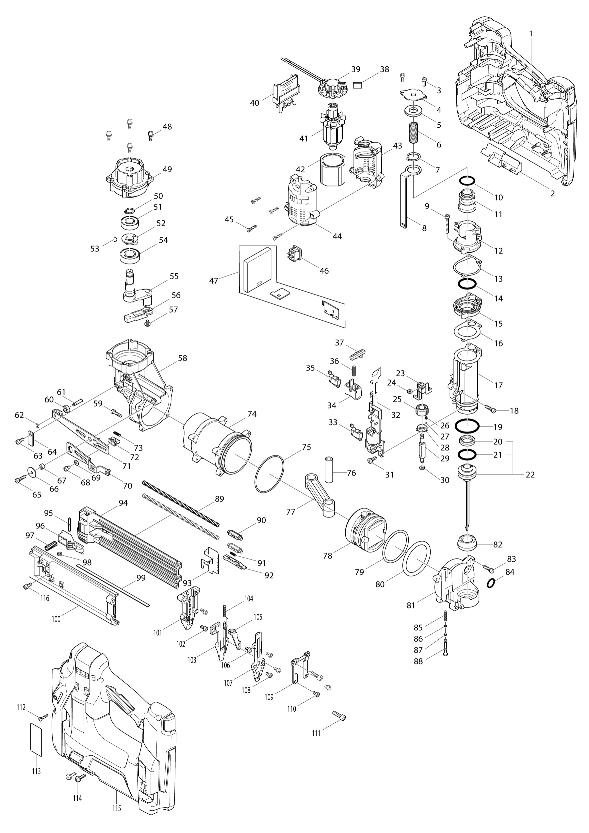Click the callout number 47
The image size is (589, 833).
pos(213,281)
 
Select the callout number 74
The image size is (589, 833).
pos(252,414)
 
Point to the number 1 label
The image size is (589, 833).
pos(531,33)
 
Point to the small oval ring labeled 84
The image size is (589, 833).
pos(491,583)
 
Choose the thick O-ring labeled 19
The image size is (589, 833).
pos(467,426)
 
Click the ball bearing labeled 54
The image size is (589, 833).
pos(130,256)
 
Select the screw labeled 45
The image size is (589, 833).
pos(251,228)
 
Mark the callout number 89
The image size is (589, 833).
pos(219,499)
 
